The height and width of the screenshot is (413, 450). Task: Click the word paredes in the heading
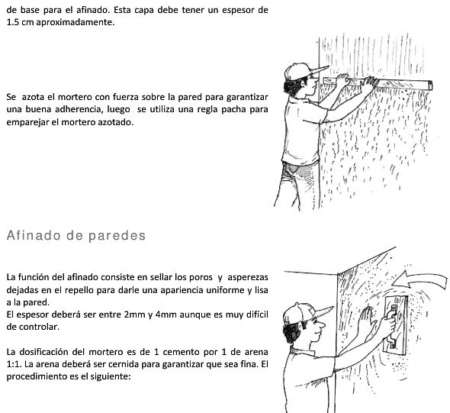118,236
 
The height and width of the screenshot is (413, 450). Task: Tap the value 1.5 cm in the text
19,24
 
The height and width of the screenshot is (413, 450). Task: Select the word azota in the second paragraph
32,98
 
